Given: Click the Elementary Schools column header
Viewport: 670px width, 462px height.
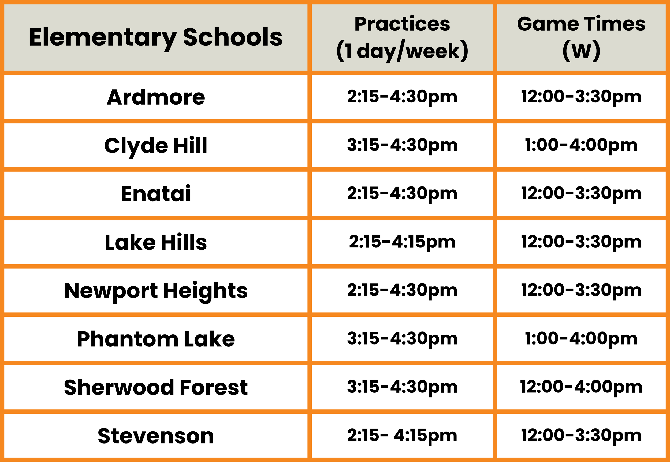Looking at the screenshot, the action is point(156,38).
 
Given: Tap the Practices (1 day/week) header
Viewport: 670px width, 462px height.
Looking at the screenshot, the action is point(402,38).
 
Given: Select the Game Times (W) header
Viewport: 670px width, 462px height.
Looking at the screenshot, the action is point(581,38).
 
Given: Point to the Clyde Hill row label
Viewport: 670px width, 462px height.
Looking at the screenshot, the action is point(156,146).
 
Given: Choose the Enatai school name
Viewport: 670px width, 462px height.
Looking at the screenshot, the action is point(156,194).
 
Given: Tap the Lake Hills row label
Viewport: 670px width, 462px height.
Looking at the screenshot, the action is point(156,242).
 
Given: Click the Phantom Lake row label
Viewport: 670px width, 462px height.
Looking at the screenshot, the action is point(156,339).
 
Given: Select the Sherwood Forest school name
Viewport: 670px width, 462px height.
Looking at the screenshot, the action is point(156,387).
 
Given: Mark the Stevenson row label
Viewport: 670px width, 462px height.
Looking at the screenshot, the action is point(156,436).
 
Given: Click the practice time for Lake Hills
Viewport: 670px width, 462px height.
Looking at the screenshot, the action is point(402,243).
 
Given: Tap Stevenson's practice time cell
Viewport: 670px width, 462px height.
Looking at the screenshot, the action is point(402,436).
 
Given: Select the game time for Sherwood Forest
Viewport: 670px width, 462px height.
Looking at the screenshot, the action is point(581,388).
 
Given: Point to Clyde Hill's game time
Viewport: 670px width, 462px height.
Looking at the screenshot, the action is point(581,146).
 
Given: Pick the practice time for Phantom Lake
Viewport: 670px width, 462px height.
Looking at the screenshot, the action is point(402,339).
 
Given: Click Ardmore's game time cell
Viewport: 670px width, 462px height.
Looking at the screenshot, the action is point(581,97).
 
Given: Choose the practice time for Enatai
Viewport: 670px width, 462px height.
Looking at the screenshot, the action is point(402,194).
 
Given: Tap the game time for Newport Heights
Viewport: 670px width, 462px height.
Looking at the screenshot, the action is point(581,291).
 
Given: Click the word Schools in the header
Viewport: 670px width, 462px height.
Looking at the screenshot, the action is point(233,37).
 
